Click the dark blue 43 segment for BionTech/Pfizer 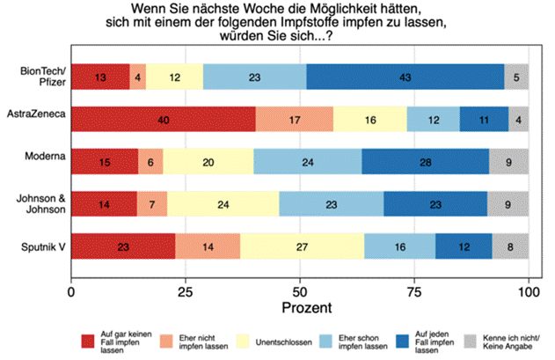pyautogui.click(x=405, y=77)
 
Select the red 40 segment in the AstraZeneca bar pyautogui.click(x=163, y=118)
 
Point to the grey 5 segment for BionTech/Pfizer pyautogui.click(x=517, y=77)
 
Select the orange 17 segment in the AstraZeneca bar pyautogui.click(x=294, y=118)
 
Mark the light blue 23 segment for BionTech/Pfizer pyautogui.click(x=255, y=77)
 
